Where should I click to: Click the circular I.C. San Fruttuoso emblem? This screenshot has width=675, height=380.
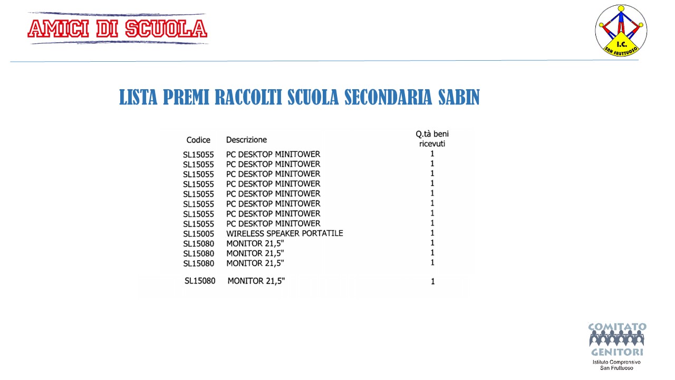point(621,30)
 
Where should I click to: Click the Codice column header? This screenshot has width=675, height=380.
point(198,140)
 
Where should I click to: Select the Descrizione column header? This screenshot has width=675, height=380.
point(246,140)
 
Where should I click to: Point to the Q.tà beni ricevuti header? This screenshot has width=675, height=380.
point(432,139)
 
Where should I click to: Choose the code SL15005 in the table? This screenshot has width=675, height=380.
point(198,234)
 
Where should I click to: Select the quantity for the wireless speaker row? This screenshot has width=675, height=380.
point(432,233)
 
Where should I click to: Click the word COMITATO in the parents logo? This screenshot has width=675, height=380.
point(617,327)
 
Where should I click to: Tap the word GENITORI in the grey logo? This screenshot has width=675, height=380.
point(617,352)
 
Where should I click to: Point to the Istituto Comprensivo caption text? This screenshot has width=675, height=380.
point(617,362)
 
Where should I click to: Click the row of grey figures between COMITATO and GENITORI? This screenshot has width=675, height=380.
point(617,339)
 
